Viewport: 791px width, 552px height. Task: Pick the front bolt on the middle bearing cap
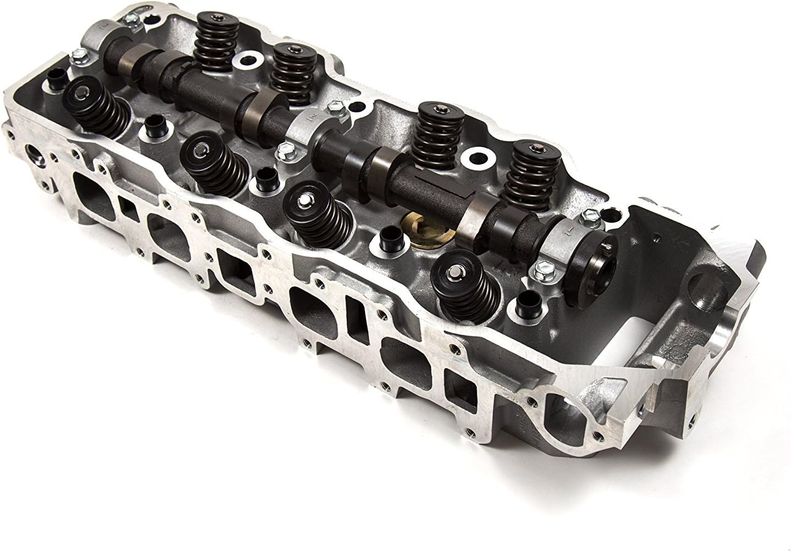285,147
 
